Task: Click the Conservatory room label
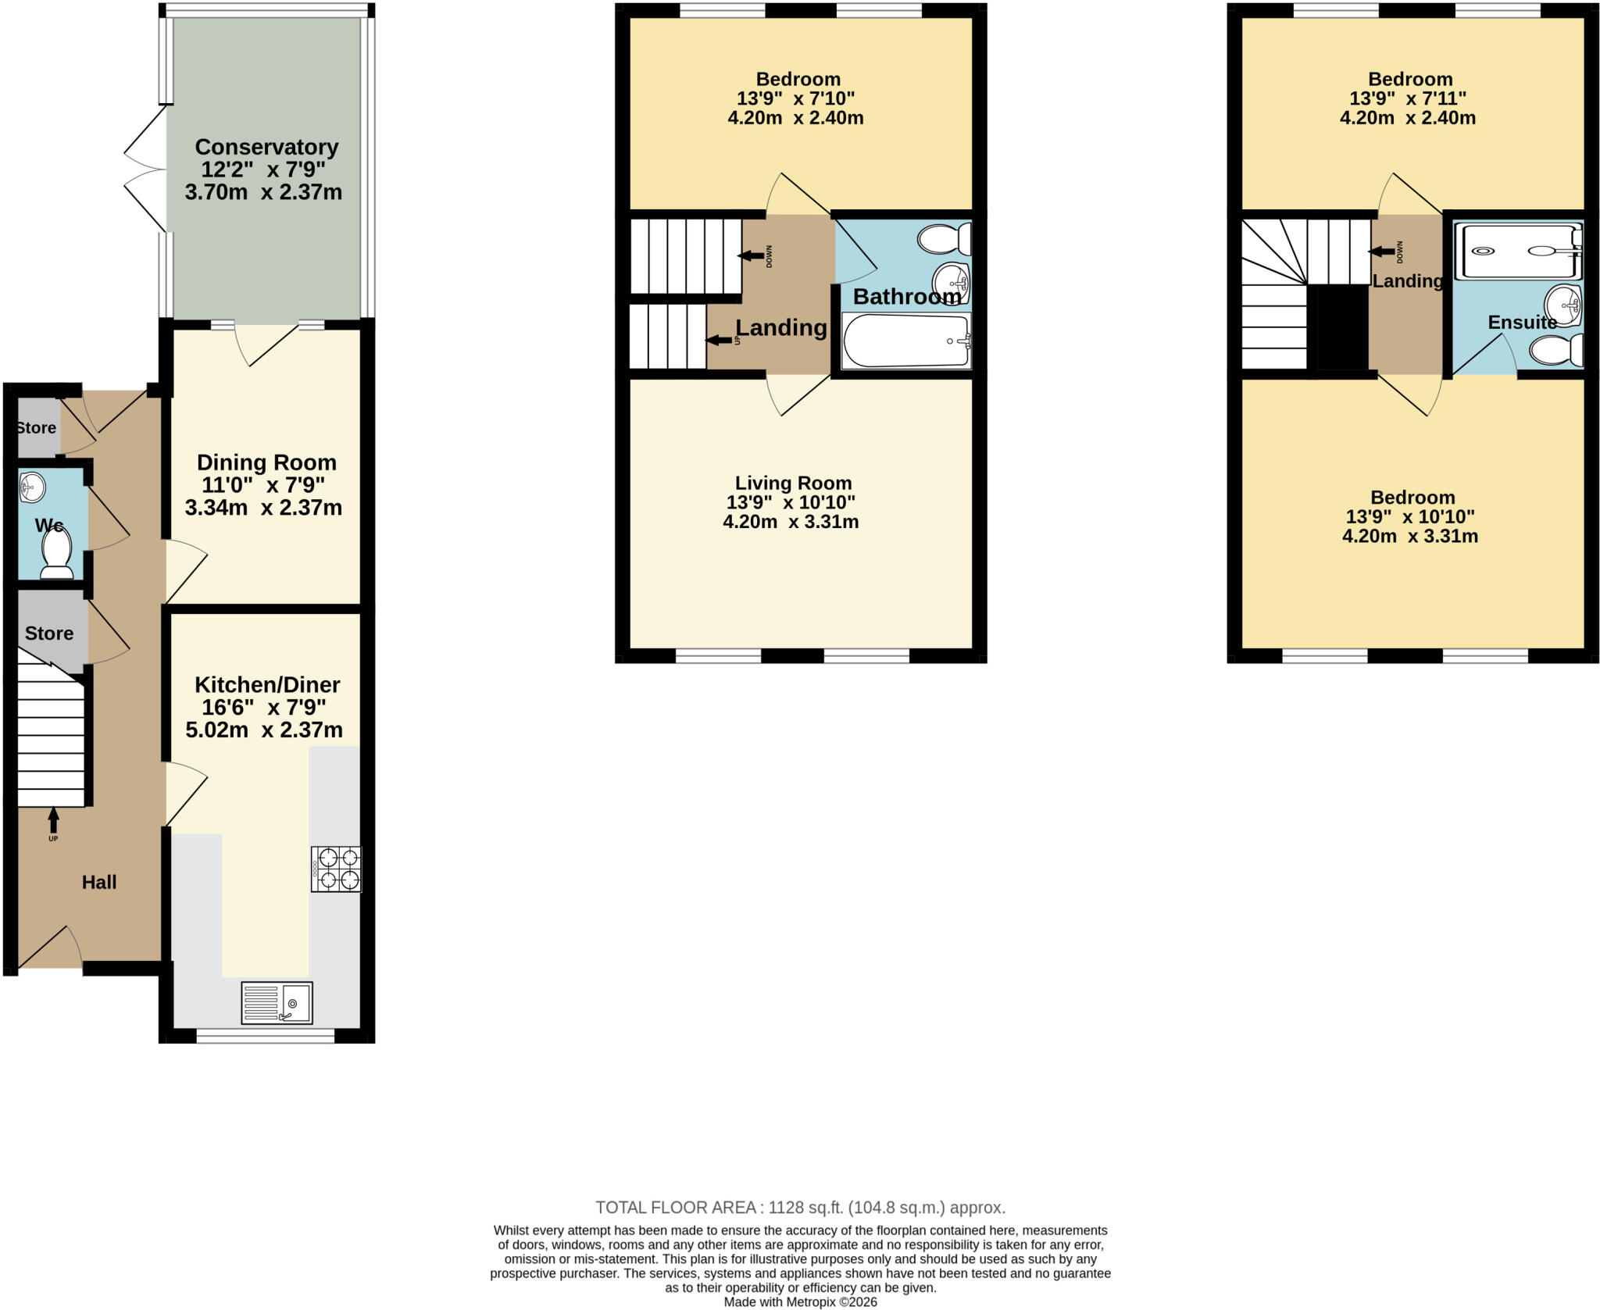click(266, 147)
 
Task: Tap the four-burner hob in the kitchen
click(336, 869)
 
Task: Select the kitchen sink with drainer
click(277, 1003)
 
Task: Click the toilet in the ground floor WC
click(57, 552)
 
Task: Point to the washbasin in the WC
click(33, 487)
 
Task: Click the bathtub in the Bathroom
click(906, 341)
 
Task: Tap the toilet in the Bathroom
click(945, 238)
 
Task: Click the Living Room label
click(793, 483)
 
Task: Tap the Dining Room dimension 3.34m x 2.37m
click(263, 508)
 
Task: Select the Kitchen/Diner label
click(267, 685)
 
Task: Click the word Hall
click(99, 882)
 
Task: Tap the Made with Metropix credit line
click(800, 1302)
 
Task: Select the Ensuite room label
click(1522, 322)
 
